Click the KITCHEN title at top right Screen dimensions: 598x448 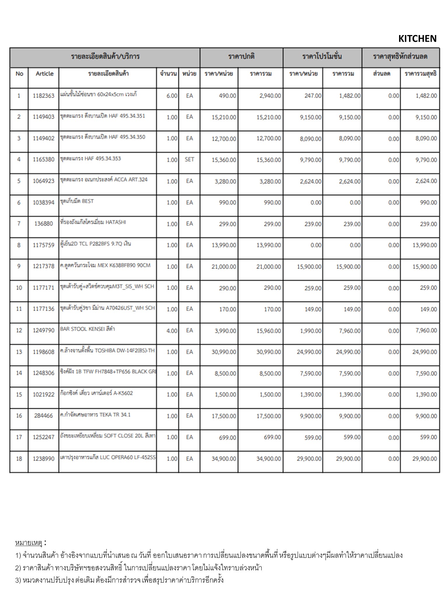pyautogui.click(x=417, y=39)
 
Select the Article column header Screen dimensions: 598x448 pyautogui.click(x=44, y=74)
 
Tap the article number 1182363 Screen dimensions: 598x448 pyautogui.click(x=43, y=96)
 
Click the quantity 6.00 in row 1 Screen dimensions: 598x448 pyautogui.click(x=172, y=96)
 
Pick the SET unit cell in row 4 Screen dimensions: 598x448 pyautogui.click(x=189, y=159)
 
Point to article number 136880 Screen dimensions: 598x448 pyautogui.click(x=43, y=224)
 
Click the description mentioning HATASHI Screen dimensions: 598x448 pyautogui.click(x=93, y=222)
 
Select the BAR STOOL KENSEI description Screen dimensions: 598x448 pyautogui.click(x=87, y=329)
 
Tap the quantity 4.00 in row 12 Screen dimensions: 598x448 pyautogui.click(x=172, y=331)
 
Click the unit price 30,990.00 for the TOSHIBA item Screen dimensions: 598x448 pyautogui.click(x=224, y=352)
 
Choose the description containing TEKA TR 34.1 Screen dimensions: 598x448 pyautogui.click(x=95, y=415)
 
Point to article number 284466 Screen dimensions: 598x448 pyautogui.click(x=43, y=416)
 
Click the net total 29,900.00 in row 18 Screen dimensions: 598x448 pyautogui.click(x=424, y=459)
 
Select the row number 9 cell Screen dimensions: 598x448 pyautogui.click(x=19, y=266)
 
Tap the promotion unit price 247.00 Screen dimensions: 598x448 pyautogui.click(x=313, y=96)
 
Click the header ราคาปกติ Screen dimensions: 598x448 pyautogui.click(x=241, y=56)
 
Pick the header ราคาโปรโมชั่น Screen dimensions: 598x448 pyautogui.click(x=322, y=56)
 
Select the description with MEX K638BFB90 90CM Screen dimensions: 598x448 pyautogui.click(x=105, y=265)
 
